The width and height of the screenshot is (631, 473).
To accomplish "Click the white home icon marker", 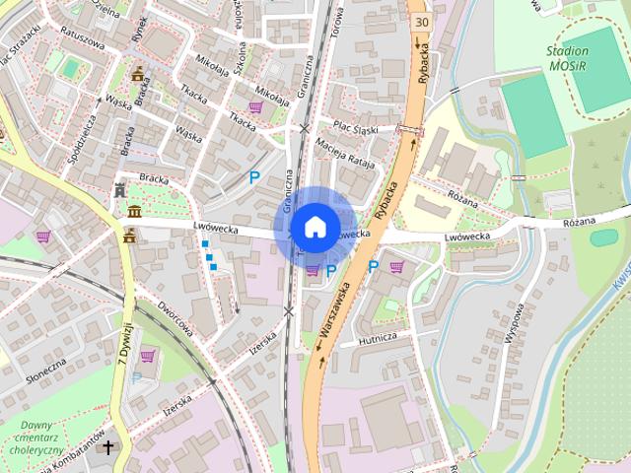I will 315,227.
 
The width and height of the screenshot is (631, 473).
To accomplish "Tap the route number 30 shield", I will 422,21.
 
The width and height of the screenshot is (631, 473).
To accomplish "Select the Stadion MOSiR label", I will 567,58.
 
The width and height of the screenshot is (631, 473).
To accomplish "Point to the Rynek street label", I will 140,29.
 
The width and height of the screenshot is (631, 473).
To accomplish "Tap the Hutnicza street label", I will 378,338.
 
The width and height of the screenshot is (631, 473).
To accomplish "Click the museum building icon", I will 134,212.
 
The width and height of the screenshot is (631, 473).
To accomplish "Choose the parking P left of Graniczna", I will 254,178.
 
